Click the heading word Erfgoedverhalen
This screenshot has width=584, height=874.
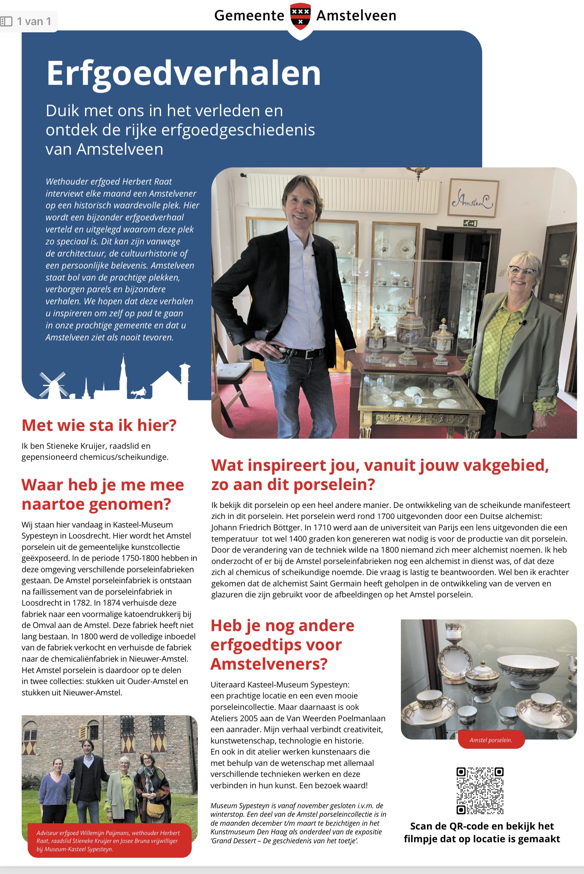click(183, 73)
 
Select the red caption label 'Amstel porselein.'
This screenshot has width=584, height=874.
click(490, 740)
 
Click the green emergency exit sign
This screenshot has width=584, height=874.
click(470, 223)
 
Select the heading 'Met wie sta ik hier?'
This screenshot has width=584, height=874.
click(99, 425)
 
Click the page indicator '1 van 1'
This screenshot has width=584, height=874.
click(33, 22)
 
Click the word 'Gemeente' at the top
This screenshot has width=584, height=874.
click(249, 15)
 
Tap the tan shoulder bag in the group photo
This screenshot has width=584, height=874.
click(156, 810)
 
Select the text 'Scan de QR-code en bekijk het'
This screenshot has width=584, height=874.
click(482, 826)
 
